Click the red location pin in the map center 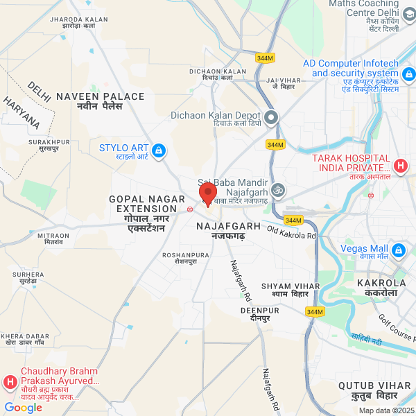click(x=208, y=193)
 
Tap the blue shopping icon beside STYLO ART click(x=159, y=150)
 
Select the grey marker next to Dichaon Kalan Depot click(x=270, y=117)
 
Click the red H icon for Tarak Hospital click(x=400, y=166)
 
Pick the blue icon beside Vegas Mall click(x=398, y=250)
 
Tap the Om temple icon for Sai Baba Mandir click(x=278, y=189)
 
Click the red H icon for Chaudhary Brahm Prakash click(x=10, y=382)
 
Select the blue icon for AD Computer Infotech click(x=408, y=73)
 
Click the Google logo click(x=23, y=407)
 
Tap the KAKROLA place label click(x=381, y=284)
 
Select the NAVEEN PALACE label click(x=101, y=96)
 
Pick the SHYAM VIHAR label click(x=284, y=286)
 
